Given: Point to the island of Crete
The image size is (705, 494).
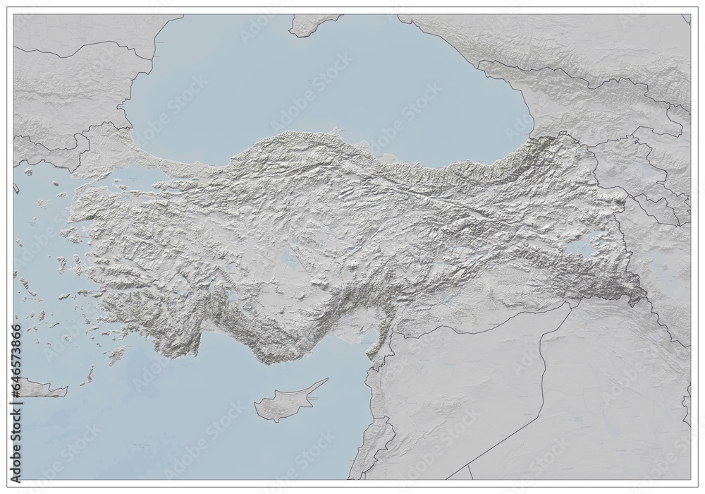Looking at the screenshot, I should click(x=39, y=387).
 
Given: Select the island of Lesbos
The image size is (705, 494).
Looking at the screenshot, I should click(x=70, y=234).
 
